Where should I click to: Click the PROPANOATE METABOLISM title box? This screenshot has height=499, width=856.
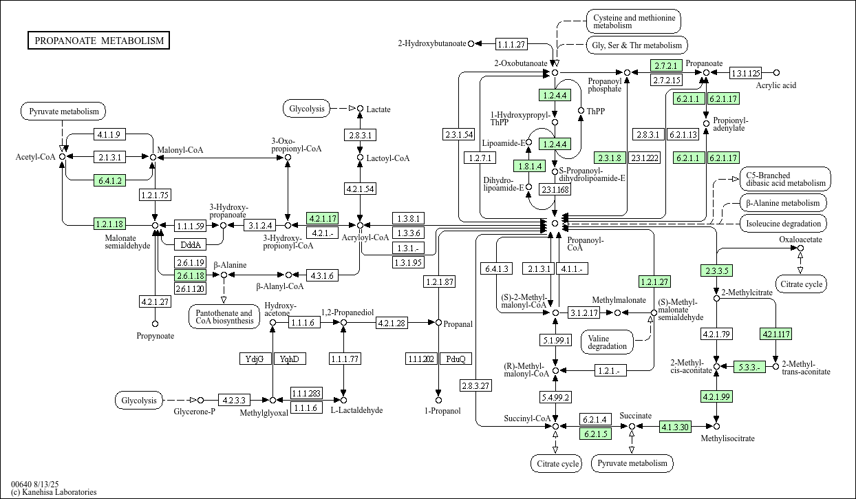tap(99, 41)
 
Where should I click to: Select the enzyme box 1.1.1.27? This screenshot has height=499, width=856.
tap(511, 44)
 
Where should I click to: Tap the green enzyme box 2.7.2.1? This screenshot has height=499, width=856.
tap(666, 66)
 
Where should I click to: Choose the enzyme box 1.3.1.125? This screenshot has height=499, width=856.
tap(745, 72)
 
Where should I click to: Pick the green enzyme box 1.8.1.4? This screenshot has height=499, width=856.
tap(529, 166)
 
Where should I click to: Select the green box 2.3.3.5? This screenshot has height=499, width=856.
tap(716, 270)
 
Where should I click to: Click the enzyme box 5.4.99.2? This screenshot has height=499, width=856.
tap(555, 397)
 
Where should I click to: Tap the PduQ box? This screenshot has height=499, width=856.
tap(456, 359)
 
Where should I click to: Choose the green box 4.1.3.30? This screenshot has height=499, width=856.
tap(674, 427)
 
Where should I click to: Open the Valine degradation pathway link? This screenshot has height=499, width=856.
tap(607, 341)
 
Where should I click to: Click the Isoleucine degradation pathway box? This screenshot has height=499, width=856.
tap(783, 223)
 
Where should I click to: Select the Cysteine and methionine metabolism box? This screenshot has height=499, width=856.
tap(633, 21)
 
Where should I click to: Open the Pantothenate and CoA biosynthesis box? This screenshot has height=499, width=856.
tap(223, 317)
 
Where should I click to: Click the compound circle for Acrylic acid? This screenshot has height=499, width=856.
tap(776, 72)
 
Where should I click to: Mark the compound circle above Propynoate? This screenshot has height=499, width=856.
tap(155, 323)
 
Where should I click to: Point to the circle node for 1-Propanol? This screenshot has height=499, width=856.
tap(438, 399)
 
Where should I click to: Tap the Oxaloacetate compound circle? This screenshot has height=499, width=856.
tap(800, 248)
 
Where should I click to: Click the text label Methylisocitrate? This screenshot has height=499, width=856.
tap(727, 438)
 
